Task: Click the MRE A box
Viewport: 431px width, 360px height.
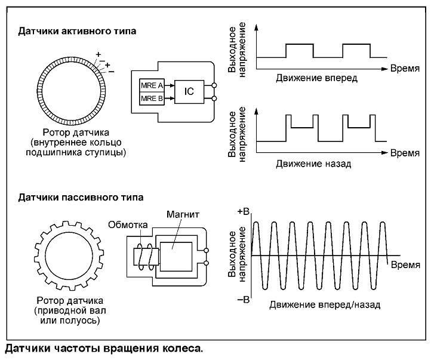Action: (152, 85)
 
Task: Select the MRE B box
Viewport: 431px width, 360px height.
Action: (152, 99)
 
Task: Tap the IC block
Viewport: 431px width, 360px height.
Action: (189, 92)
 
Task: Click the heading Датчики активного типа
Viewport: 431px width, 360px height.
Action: (77, 31)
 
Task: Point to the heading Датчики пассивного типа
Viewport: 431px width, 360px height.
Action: (81, 198)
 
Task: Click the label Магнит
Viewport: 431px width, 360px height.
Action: (183, 214)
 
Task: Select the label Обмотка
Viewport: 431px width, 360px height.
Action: (128, 225)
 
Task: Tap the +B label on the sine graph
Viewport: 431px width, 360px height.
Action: (243, 211)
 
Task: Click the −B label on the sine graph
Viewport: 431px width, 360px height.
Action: (243, 299)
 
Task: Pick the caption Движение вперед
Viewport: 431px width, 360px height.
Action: (316, 78)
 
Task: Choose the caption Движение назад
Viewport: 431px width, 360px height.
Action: (313, 164)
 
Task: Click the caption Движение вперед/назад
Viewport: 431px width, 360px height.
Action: (325, 304)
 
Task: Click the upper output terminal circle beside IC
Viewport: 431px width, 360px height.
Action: (214, 85)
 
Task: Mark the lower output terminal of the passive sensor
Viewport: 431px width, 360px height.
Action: (206, 263)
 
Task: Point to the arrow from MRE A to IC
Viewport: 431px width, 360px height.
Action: (170, 85)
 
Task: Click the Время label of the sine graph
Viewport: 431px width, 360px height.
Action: (405, 265)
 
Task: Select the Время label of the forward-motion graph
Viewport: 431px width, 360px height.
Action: (405, 69)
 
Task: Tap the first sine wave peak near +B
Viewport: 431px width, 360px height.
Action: (256, 222)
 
